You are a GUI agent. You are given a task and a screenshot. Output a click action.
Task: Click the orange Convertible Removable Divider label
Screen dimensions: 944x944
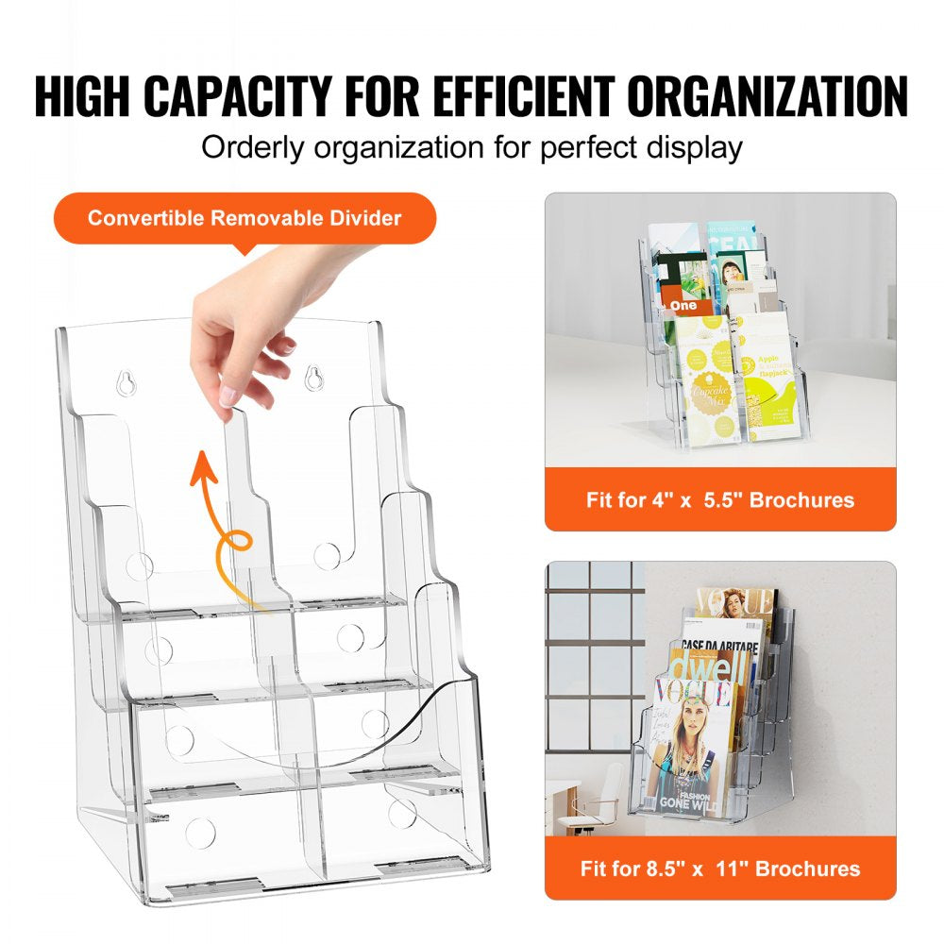[x=244, y=219]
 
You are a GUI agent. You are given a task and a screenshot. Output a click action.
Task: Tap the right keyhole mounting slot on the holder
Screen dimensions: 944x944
[x=312, y=374]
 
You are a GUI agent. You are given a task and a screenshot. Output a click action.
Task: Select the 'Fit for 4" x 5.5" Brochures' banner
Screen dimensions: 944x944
[x=720, y=499]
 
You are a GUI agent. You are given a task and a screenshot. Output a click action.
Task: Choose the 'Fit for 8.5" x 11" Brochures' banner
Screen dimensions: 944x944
[x=720, y=868]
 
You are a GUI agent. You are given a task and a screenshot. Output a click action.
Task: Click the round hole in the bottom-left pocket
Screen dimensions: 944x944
[x=199, y=831]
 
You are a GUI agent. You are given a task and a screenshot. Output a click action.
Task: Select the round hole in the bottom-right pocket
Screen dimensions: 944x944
[x=403, y=814]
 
